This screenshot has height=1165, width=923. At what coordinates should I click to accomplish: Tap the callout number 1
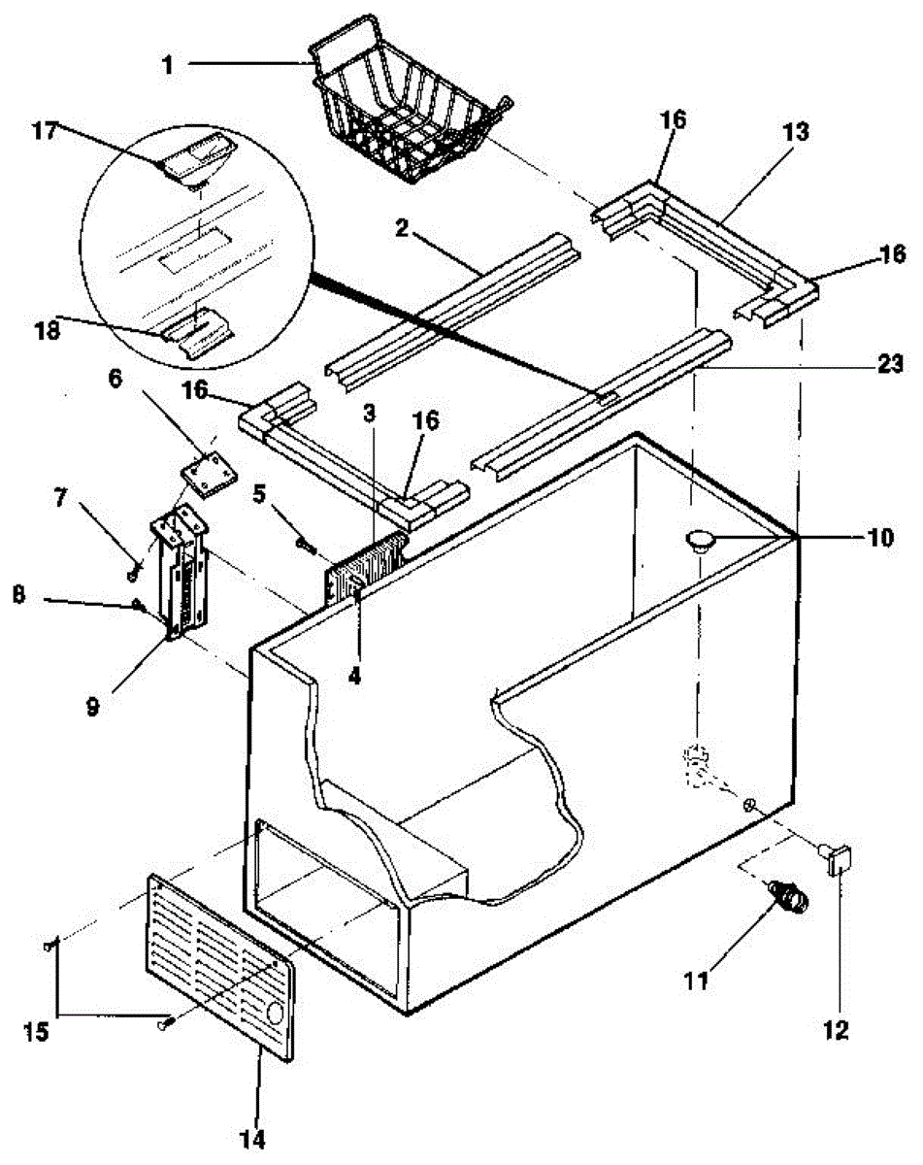pyautogui.click(x=168, y=65)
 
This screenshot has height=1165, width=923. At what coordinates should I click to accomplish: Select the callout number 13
pyautogui.click(x=796, y=133)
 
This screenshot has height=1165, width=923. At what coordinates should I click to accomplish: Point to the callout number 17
pyautogui.click(x=45, y=131)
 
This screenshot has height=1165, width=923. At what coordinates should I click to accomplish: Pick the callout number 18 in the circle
pyautogui.click(x=48, y=331)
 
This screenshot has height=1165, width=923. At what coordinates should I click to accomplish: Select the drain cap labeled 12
pyautogui.click(x=836, y=858)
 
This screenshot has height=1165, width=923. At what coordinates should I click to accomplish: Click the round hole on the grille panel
pyautogui.click(x=275, y=1014)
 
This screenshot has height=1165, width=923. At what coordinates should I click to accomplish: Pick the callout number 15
pyautogui.click(x=37, y=1032)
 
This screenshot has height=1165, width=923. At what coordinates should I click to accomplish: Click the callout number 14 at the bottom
pyautogui.click(x=252, y=1140)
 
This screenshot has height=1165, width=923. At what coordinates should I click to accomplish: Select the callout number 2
pyautogui.click(x=402, y=228)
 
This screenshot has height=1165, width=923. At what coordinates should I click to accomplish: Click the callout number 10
pyautogui.click(x=880, y=538)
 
